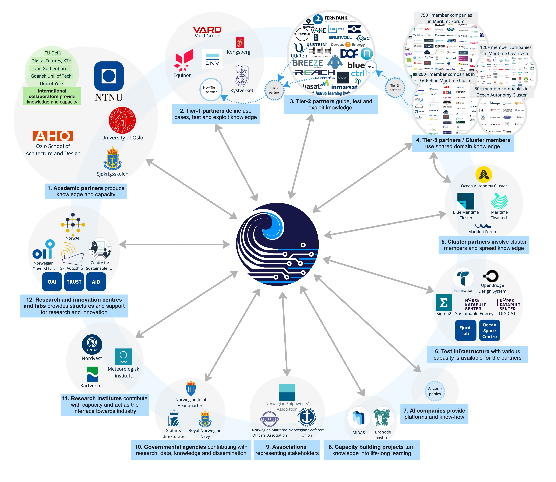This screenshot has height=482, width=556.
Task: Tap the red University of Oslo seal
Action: [x=122, y=120]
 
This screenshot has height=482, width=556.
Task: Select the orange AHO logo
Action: [x=53, y=136]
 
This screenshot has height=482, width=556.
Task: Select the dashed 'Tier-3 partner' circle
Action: [x=395, y=88]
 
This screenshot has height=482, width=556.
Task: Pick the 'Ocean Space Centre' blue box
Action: [x=489, y=331]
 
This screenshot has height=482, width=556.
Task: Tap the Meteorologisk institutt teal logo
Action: [x=123, y=357]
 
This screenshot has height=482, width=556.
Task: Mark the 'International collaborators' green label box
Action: [x=52, y=96]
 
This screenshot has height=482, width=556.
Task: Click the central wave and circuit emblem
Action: [x=277, y=244]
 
